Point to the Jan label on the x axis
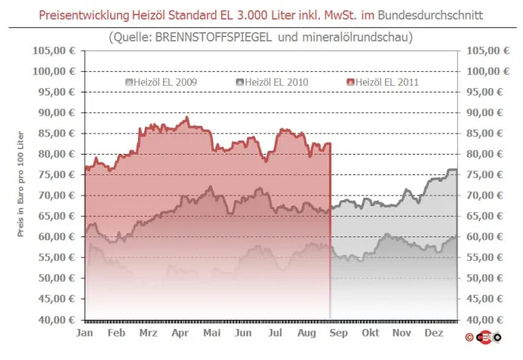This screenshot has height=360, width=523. (x=85, y=333)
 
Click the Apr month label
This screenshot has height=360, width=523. (x=180, y=333)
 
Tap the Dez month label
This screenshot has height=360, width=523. (x=434, y=333)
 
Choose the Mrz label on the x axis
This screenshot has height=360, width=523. (x=149, y=333)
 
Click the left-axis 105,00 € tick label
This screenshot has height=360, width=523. (x=55, y=51)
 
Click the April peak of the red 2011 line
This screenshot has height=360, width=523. (x=186, y=117)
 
